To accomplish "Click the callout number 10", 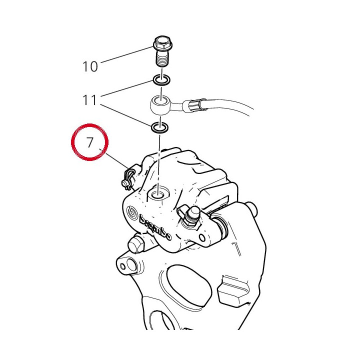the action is [90, 66].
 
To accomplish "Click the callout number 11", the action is [89, 100].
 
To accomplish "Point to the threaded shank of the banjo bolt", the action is [162, 59].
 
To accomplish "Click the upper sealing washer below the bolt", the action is [162, 80].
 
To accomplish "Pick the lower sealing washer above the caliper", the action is [159, 127].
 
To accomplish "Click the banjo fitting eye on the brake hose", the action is [160, 104].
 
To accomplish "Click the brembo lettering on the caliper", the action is [155, 228].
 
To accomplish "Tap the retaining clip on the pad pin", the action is [127, 178].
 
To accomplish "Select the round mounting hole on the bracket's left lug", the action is [131, 264].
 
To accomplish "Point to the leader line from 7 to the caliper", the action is [114, 158].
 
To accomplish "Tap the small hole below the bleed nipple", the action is [202, 238].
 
